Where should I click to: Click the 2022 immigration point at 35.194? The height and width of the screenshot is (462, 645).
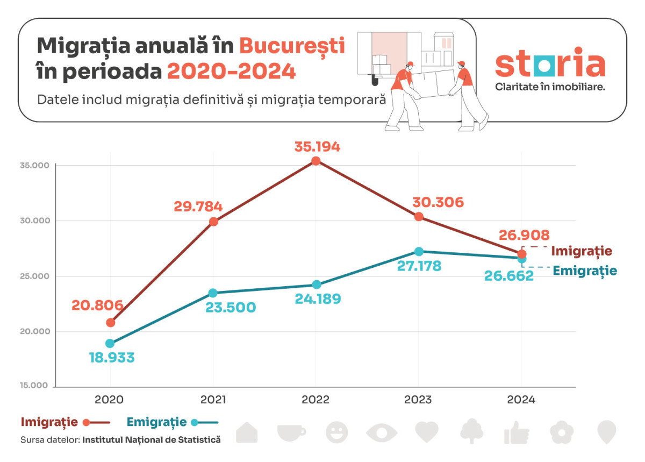[x=316, y=161]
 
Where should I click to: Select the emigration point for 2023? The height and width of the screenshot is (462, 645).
[x=419, y=252]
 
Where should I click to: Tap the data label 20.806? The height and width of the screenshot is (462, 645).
[x=98, y=305]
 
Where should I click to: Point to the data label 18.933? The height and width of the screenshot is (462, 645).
[x=112, y=358]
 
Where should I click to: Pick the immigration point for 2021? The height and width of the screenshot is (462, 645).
[x=213, y=222]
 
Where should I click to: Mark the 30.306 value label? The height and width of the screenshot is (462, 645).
[x=438, y=202]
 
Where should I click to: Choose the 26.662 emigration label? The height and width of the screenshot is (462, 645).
[x=508, y=275]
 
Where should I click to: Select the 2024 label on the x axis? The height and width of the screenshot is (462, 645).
[x=521, y=400]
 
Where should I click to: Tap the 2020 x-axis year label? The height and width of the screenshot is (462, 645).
[x=110, y=400]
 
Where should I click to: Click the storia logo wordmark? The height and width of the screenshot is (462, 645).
[x=550, y=63]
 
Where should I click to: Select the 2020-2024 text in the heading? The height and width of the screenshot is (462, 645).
[x=231, y=71]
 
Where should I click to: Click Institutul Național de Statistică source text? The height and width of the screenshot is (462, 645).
[x=152, y=440]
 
